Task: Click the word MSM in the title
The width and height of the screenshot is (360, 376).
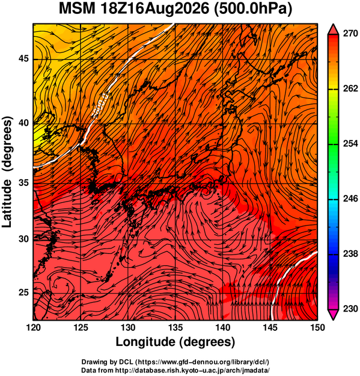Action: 78,8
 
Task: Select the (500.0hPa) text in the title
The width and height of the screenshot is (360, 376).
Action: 253,10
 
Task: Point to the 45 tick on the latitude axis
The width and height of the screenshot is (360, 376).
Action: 23,59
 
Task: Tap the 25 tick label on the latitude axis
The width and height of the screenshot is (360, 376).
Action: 23,292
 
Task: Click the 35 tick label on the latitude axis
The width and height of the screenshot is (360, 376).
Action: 23,183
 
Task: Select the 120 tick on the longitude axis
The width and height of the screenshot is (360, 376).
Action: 33,327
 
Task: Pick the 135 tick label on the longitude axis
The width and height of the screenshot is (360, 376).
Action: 175,327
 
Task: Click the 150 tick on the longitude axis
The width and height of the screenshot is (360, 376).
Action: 317,327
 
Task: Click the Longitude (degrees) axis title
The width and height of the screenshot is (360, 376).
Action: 175,342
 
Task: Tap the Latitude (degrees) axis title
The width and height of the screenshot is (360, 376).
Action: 7,172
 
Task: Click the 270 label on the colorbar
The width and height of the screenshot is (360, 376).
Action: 350,34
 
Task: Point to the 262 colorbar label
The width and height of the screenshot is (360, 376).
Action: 350,88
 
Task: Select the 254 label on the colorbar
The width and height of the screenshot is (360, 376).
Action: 350,144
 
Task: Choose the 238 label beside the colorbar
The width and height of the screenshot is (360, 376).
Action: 350,253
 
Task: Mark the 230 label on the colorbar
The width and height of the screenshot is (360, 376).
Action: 350,309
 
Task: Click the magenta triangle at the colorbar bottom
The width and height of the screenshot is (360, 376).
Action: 334,314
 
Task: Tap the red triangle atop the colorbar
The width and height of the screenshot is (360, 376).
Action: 334,29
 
